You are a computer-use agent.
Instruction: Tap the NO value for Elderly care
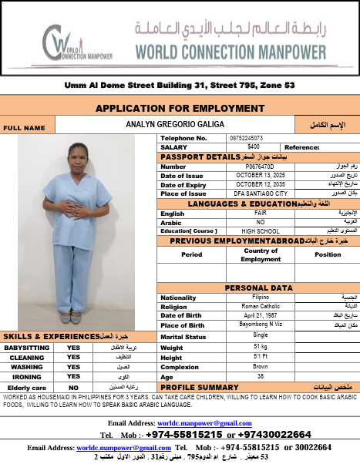[x=73, y=387]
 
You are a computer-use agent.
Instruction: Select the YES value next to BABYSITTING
[x=73, y=347]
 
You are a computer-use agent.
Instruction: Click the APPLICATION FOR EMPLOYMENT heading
[x=180, y=108]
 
